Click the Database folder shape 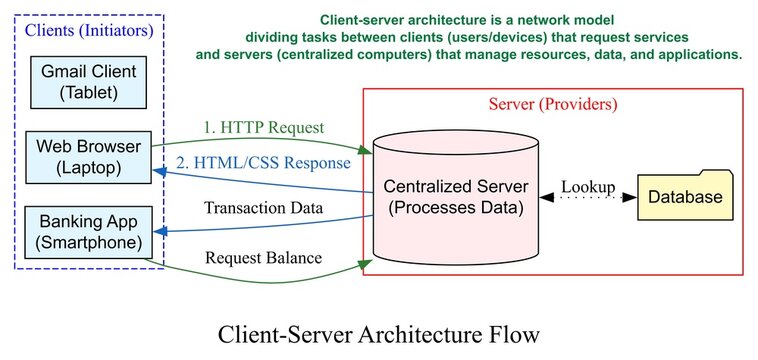(684, 196)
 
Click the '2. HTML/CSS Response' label (264, 163)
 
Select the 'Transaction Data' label (264, 208)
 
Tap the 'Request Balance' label (264, 257)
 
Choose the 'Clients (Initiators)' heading (89, 30)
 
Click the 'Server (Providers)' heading (553, 104)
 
